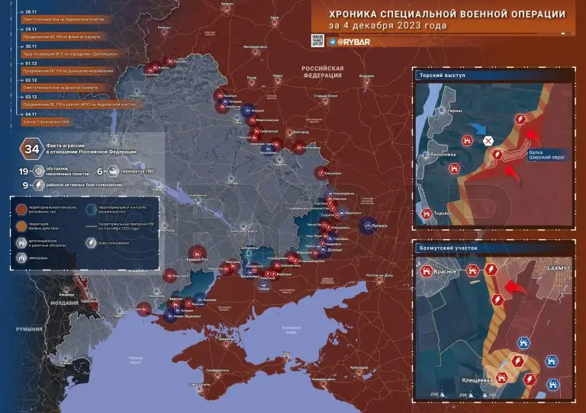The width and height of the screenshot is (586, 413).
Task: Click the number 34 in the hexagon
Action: coord(33,149)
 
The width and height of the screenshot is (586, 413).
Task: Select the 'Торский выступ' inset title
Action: coord(442,76)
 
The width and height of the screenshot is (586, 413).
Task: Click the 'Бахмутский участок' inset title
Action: coord(449,248)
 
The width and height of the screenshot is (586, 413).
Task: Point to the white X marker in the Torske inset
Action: coord(489,140)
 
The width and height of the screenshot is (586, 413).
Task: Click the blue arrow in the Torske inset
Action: coord(473,128)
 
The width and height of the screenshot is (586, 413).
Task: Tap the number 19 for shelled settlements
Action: coord(24,172)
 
